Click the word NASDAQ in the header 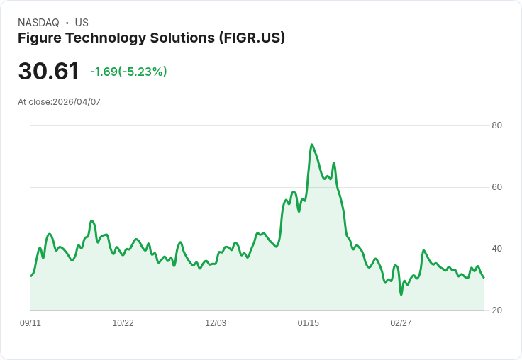point(38,23)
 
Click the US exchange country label point(82,23)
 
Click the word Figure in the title point(40,38)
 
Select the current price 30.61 point(48,72)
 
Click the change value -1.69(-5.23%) point(128,72)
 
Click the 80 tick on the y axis point(497,125)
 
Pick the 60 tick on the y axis point(497,187)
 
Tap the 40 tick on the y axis point(497,249)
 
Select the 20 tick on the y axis point(497,310)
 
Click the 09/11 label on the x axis point(30,323)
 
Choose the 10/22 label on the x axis point(123,323)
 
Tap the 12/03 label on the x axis point(216,323)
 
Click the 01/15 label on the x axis point(309,323)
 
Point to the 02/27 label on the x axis point(401,323)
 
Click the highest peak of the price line point(311,145)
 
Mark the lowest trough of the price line point(401,294)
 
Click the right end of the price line point(484,277)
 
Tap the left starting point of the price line point(30,276)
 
